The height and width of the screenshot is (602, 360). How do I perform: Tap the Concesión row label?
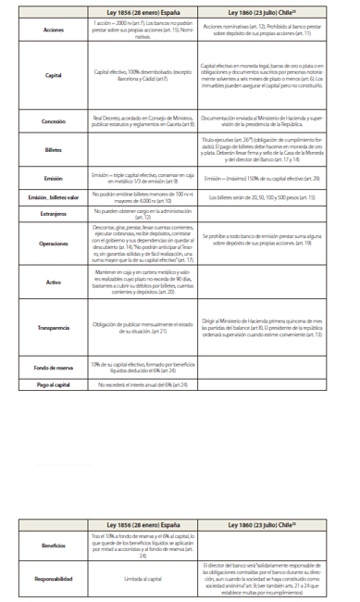54,121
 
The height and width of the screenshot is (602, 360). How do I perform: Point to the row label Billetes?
54,149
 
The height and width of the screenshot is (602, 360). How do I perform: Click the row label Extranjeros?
54,215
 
